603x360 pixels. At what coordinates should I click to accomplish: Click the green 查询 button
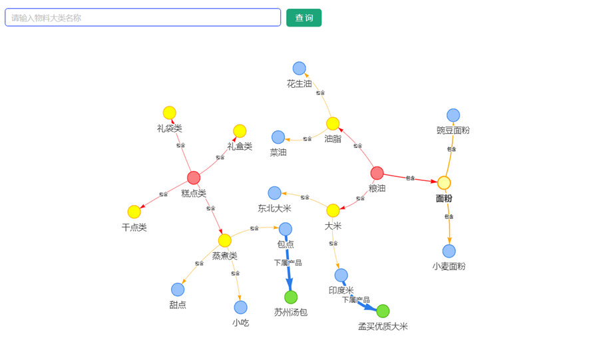coord(303,18)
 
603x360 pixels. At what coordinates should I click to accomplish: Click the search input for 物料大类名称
coord(142,18)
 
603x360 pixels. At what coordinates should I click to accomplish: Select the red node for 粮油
coord(377,173)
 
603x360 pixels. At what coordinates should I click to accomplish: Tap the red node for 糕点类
coord(194,178)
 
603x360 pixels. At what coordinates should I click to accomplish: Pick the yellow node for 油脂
coord(333,124)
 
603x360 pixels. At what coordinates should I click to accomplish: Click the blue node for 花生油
coord(300,69)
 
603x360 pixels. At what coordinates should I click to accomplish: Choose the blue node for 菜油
coord(278,137)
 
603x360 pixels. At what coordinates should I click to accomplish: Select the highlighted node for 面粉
coord(444,183)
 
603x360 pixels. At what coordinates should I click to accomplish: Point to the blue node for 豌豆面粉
coord(453,115)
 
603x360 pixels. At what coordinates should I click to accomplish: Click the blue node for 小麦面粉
coord(449,251)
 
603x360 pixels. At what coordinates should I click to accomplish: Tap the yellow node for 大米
coord(333,210)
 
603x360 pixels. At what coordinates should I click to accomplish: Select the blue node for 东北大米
coord(274,193)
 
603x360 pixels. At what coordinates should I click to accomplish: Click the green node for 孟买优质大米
coord(383,311)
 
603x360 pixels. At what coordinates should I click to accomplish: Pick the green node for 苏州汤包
coord(291,297)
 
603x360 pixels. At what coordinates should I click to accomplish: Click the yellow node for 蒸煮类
coord(225,240)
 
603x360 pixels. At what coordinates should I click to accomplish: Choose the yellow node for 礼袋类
coord(170,113)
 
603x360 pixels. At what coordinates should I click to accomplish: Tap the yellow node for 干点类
coord(134,212)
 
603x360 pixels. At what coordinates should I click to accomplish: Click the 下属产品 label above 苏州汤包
coord(288,263)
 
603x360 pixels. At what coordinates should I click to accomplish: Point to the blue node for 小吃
coord(240,307)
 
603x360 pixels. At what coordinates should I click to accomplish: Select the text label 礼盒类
coord(240,146)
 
